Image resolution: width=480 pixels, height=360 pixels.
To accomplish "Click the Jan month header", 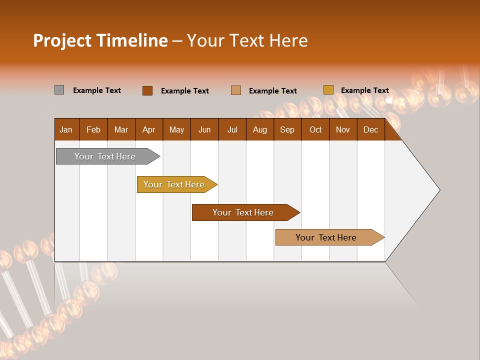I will click(x=66, y=129).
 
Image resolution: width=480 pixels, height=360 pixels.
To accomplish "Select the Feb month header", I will click(x=93, y=129).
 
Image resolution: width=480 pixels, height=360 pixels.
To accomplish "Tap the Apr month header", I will click(x=149, y=129).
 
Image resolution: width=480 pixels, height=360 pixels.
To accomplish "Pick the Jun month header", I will click(x=204, y=129).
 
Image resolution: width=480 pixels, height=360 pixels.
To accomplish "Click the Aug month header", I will click(x=260, y=129).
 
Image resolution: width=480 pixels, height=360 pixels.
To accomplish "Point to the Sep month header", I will click(x=287, y=129).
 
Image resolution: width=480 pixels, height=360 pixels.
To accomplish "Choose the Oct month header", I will click(x=315, y=129).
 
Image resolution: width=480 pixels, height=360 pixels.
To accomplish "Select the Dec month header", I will click(x=371, y=129).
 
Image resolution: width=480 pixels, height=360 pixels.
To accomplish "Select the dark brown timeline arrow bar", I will click(x=243, y=212).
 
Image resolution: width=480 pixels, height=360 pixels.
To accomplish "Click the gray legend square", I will click(x=59, y=90).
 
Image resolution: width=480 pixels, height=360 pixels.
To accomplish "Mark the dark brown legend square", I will click(x=147, y=90).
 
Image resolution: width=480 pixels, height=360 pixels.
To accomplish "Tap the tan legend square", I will click(x=236, y=90).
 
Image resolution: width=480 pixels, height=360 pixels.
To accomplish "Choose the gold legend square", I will click(x=328, y=90).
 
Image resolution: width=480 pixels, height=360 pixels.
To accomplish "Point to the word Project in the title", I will click(x=63, y=40).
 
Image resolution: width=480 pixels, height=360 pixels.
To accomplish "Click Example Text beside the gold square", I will click(x=365, y=90).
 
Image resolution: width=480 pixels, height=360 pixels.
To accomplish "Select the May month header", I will click(x=176, y=129).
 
